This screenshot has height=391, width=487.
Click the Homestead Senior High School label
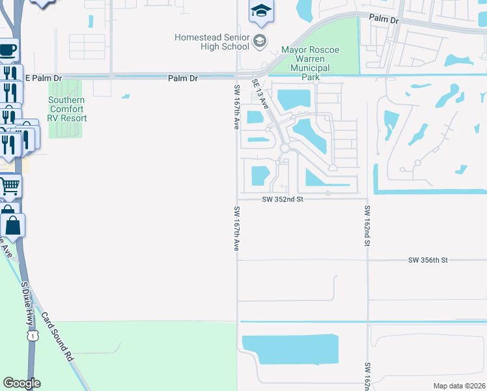[212, 42]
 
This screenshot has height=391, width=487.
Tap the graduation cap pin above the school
[261, 10]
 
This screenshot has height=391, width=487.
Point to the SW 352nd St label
[283, 200]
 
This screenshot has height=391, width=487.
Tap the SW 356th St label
[428, 260]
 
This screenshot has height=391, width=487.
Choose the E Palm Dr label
[44, 78]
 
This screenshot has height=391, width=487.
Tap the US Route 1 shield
[31, 335]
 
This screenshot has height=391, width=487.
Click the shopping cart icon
[9, 186]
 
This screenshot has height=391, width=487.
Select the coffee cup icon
[8, 50]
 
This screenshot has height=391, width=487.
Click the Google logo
[21, 383]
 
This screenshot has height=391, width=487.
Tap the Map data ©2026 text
[459, 386]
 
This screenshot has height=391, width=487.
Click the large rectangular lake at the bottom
[290, 349]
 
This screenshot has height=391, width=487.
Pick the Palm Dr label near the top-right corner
[383, 20]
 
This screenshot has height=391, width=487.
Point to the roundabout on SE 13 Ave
[285, 149]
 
